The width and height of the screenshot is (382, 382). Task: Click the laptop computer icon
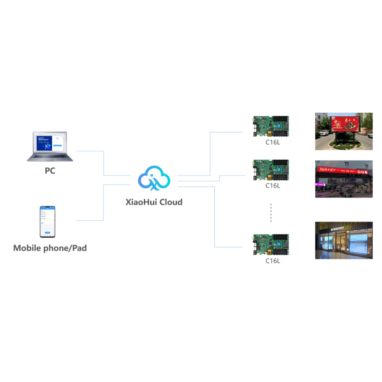[50, 147]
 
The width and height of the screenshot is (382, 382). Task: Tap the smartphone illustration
[48, 222]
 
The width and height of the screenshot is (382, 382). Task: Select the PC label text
[50, 171]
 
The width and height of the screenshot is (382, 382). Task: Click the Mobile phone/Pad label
[50, 248]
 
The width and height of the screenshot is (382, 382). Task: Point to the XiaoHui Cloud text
[154, 202]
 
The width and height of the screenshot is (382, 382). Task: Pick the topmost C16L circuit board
[270, 126]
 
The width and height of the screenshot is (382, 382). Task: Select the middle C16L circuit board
[270, 170]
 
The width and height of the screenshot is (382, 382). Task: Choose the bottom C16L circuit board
[270, 245]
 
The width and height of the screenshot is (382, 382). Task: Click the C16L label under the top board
[273, 142]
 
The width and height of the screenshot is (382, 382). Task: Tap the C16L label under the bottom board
[273, 261]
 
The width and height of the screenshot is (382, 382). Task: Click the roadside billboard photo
[343, 131]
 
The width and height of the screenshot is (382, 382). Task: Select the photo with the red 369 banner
[343, 179]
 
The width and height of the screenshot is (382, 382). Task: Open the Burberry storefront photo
[343, 240]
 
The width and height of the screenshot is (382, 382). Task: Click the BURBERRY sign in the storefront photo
[335, 228]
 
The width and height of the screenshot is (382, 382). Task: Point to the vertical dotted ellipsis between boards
[271, 212]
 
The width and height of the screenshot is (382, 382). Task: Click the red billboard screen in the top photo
[345, 124]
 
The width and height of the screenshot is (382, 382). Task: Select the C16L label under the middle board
[273, 186]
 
